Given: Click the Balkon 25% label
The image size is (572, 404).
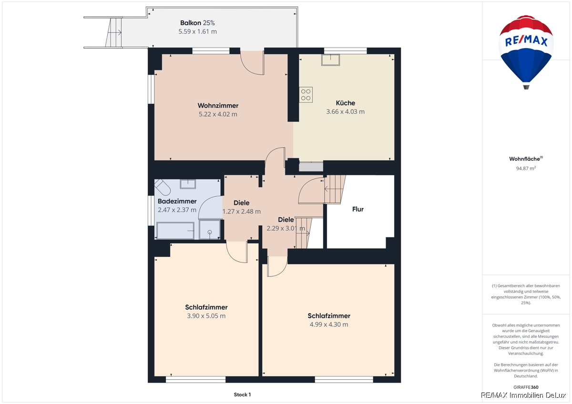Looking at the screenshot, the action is coord(197,23).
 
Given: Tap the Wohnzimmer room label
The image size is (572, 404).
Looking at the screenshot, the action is coord(218,105).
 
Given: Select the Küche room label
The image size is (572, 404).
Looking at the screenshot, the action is coord(345,103).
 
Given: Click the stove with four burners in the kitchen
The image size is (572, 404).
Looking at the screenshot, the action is coord(306,95).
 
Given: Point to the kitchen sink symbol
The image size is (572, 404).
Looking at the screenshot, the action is coord(330,60).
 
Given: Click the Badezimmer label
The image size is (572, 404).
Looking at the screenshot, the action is coord(177,201).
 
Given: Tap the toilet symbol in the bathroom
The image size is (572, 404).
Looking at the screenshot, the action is coord(163,187).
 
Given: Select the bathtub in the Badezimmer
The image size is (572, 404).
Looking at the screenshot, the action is coord(175,231).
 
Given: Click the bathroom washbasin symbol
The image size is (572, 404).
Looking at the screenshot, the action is coord(188,184).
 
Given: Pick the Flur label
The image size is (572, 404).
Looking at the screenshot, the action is coord(358,209).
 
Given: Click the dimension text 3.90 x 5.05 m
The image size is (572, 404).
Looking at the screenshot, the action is coord(206,316).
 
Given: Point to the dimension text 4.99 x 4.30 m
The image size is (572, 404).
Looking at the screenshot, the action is coord(328,324).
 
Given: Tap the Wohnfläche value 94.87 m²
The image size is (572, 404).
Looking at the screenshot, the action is coord(526,168).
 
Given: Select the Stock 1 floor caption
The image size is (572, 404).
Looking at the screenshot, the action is coord(242,394).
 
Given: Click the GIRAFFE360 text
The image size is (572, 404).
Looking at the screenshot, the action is coord(526,387).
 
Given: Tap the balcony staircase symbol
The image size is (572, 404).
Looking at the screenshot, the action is coord(113,32).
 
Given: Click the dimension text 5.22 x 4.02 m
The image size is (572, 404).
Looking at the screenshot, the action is coord(218,114).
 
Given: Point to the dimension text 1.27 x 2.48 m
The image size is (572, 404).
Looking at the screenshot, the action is coord(241,212).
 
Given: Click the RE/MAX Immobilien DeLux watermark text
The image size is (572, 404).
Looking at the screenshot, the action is coord(523,395).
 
